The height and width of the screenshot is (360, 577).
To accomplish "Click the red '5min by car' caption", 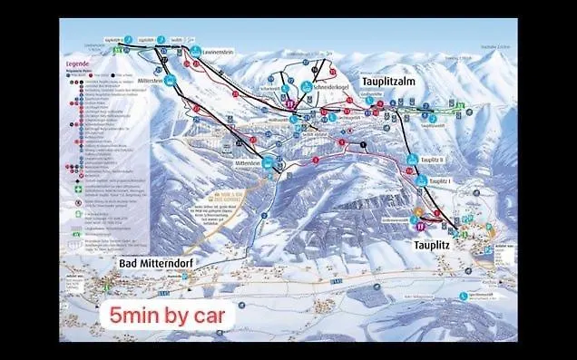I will [x=171, y=317].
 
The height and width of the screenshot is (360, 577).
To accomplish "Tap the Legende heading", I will [x=77, y=64].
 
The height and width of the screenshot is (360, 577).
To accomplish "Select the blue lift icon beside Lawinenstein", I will [x=196, y=53].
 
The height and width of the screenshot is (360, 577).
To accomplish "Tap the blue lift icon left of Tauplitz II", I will [x=419, y=159].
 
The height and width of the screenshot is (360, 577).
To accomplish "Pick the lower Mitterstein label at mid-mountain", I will [x=248, y=162].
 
